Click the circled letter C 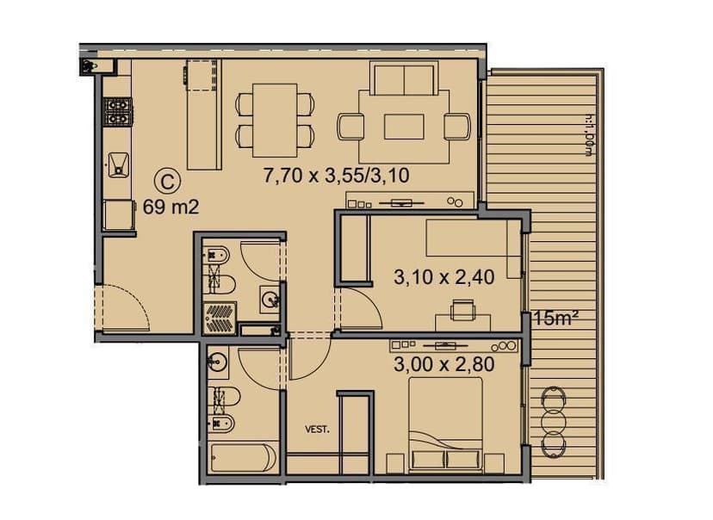pyautogui.click(x=168, y=181)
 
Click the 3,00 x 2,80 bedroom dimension pyautogui.click(x=443, y=363)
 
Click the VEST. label pyautogui.click(x=318, y=427)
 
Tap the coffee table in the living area pyautogui.click(x=406, y=126)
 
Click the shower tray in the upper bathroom pyautogui.click(x=220, y=316)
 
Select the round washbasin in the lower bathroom pyautogui.click(x=216, y=362)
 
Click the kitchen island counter pyautogui.click(x=202, y=116)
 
